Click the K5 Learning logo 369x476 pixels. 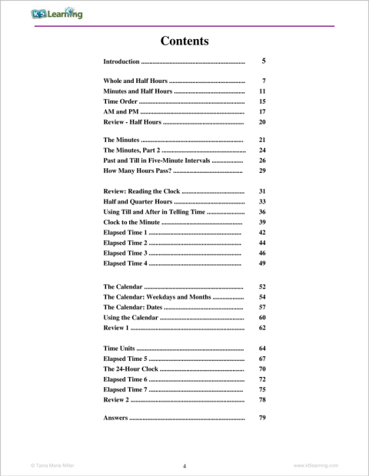click(57, 15)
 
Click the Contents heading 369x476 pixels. click(184, 41)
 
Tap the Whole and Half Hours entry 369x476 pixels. click(135, 81)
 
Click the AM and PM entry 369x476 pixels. click(121, 111)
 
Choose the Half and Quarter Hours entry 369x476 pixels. click(138, 201)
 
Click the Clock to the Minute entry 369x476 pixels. click(134, 222)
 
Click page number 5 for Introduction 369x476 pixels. click(264, 61)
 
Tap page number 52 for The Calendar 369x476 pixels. click(262, 286)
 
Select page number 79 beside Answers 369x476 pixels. click(262, 418)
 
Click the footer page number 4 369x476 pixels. click(184, 465)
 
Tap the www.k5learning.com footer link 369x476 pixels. click(316, 465)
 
